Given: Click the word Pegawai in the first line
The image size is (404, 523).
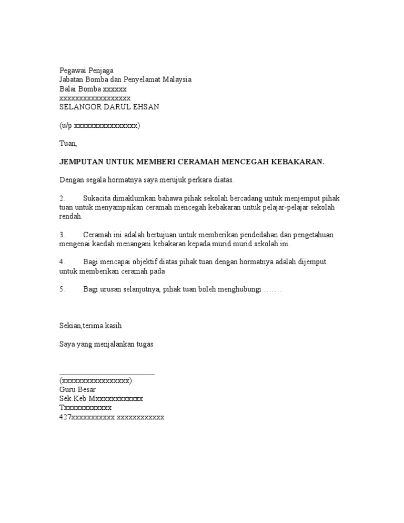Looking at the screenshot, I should pyautogui.click(x=72, y=71).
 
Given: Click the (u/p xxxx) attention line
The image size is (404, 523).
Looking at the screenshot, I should pyautogui.click(x=99, y=125).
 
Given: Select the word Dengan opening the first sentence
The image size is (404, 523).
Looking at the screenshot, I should pyautogui.click(x=72, y=180).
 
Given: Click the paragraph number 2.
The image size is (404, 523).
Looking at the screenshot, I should pyautogui.click(x=62, y=198).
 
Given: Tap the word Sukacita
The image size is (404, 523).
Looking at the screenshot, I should pyautogui.click(x=99, y=198).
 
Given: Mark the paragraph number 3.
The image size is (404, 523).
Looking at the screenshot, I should pyautogui.click(x=62, y=235).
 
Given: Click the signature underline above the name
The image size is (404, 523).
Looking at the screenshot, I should pyautogui.click(x=107, y=374).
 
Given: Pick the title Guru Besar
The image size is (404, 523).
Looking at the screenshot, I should pyautogui.click(x=77, y=390).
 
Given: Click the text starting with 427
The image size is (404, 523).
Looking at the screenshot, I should pyautogui.click(x=112, y=417).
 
